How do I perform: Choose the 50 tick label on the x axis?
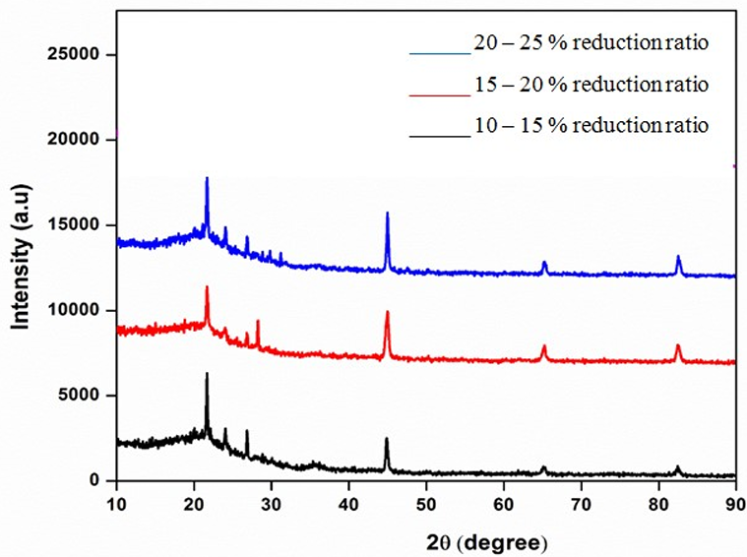pos(426,503)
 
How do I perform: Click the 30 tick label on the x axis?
pos(272,503)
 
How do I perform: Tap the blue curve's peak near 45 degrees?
pos(388,213)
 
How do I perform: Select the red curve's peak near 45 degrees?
pos(388,312)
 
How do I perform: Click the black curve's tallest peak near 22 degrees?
pos(207,374)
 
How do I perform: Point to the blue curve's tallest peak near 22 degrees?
pos(207,178)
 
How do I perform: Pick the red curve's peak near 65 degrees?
pos(544,346)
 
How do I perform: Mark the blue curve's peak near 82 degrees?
pos(678,257)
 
